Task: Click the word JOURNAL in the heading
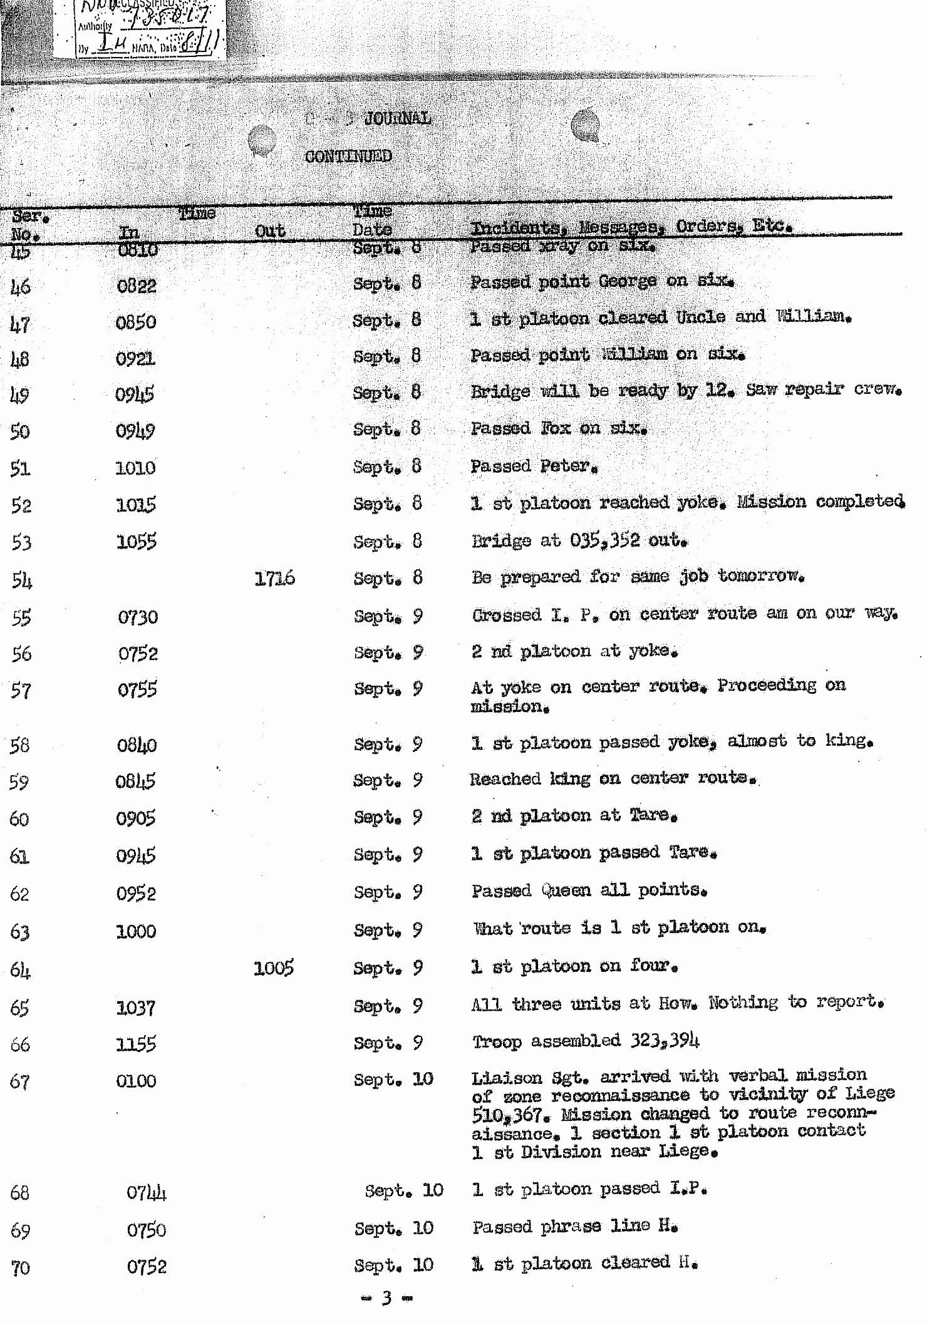pyautogui.click(x=397, y=118)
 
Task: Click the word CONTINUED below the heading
pyautogui.click(x=348, y=156)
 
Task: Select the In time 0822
pyautogui.click(x=136, y=286)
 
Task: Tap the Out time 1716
pyautogui.click(x=274, y=578)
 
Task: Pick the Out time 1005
pyautogui.click(x=274, y=968)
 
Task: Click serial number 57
pyautogui.click(x=21, y=691)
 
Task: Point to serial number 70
pyautogui.click(x=21, y=1268)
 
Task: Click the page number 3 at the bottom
pyautogui.click(x=386, y=1298)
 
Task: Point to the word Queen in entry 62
pyautogui.click(x=566, y=890)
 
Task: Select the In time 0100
pyautogui.click(x=136, y=1081)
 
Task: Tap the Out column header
pyautogui.click(x=270, y=230)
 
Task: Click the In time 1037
pyautogui.click(x=136, y=1008)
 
